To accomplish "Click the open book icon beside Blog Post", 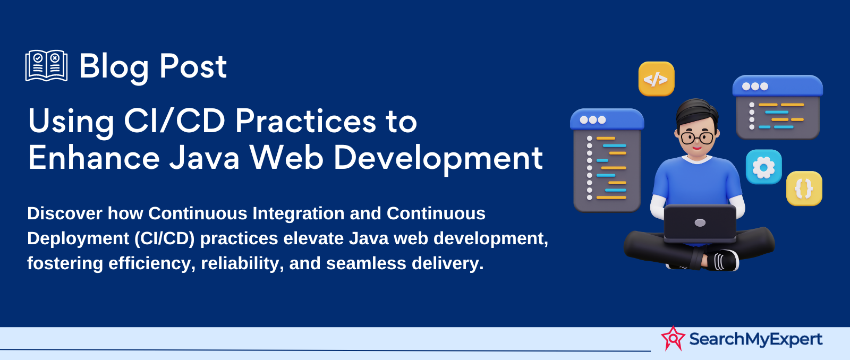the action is pyautogui.click(x=46, y=66).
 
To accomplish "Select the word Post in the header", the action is pyautogui.click(x=193, y=66).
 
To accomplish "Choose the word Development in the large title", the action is pyautogui.click(x=438, y=159).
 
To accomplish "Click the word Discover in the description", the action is pyautogui.click(x=64, y=213).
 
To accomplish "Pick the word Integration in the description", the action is pyautogui.click(x=298, y=213).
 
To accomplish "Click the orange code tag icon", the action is pyautogui.click(x=656, y=79).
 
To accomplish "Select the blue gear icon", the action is pyautogui.click(x=763, y=167).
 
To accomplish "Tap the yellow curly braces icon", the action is pyautogui.click(x=804, y=188).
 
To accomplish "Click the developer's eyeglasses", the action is pyautogui.click(x=696, y=138).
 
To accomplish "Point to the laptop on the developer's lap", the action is pyautogui.click(x=700, y=224).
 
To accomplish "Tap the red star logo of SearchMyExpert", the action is pyautogui.click(x=673, y=338).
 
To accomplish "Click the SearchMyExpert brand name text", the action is pyautogui.click(x=755, y=339).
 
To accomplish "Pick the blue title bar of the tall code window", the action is pyautogui.click(x=607, y=119).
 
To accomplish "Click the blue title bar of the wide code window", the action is pyautogui.click(x=778, y=86).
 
